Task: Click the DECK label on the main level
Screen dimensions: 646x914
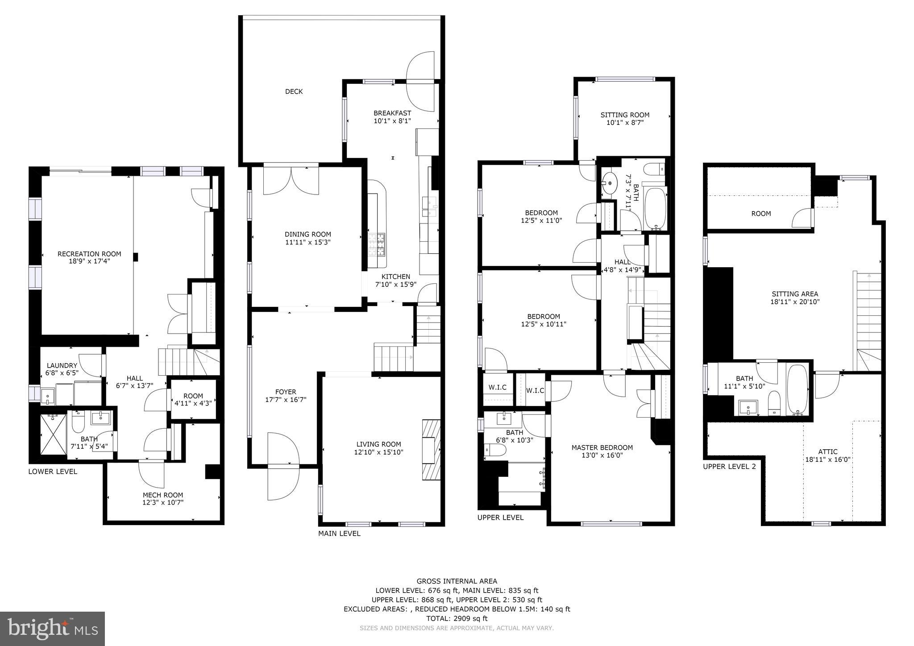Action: tap(294, 91)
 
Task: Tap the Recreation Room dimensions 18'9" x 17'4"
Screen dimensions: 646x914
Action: tap(89, 261)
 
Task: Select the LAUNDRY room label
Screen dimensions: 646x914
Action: tap(62, 365)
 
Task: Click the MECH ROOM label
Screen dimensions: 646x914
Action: tap(162, 495)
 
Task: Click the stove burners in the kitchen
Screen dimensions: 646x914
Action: tap(377, 244)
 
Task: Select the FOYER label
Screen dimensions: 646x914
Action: tap(286, 392)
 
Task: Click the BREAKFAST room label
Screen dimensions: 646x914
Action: tap(392, 113)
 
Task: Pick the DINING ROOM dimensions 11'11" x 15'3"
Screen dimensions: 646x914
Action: tap(308, 242)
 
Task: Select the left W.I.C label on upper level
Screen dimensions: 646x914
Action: tap(497, 387)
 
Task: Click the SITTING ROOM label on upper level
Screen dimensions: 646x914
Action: tap(625, 115)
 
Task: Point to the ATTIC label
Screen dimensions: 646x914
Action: tap(827, 451)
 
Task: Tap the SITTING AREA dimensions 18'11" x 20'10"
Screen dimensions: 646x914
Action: tap(795, 302)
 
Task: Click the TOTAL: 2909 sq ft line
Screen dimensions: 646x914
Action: tap(457, 618)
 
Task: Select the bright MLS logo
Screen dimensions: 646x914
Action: tap(52, 629)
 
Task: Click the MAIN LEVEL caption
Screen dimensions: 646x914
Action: tap(339, 534)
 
